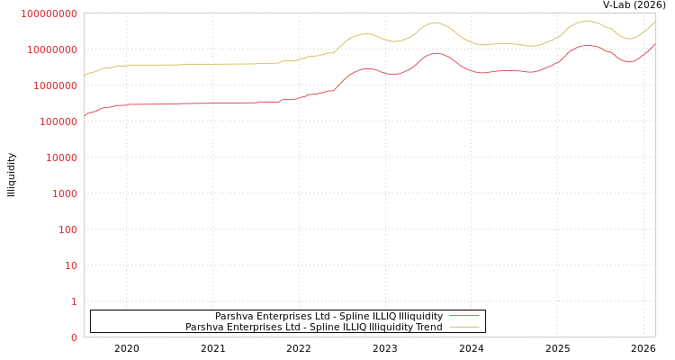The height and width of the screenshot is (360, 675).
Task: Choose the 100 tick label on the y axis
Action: pyautogui.click(x=66, y=229)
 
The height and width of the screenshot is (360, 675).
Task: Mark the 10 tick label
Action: pyautogui.click(x=68, y=265)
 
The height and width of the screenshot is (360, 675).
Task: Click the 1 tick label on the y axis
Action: pyautogui.click(x=74, y=301)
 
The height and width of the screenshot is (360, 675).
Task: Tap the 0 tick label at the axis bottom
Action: pyautogui.click(x=74, y=337)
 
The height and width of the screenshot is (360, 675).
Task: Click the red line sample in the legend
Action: pyautogui.click(x=463, y=316)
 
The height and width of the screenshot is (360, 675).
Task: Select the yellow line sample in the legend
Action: pyautogui.click(x=463, y=327)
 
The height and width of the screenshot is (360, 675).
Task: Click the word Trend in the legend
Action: pyautogui.click(x=427, y=327)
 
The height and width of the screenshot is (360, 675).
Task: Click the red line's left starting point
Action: pyautogui.click(x=85, y=115)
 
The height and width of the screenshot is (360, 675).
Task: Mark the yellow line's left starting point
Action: pyautogui.click(x=85, y=75)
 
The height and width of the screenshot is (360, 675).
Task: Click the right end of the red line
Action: pyautogui.click(x=654, y=44)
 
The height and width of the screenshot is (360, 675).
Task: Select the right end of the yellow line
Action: pyautogui.click(x=654, y=22)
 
